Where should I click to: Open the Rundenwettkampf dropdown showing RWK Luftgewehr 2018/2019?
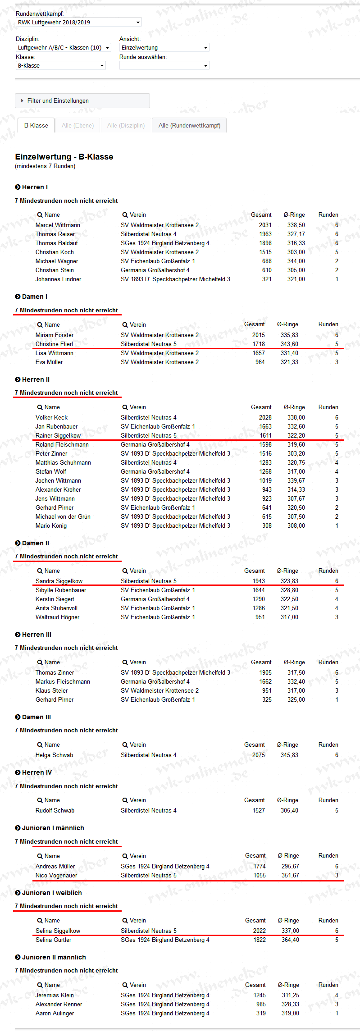tap(79, 22)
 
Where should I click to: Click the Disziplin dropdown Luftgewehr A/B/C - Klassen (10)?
tap(63, 47)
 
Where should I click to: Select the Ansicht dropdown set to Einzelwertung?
tap(164, 47)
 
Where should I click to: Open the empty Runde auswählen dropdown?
tap(164, 65)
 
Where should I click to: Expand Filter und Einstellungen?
tap(58, 100)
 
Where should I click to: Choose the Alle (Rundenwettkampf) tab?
tap(189, 125)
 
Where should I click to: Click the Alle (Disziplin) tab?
tap(126, 125)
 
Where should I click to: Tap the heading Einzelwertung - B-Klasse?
tap(64, 157)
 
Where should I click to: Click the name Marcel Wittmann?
tap(58, 225)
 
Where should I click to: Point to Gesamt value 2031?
tap(265, 225)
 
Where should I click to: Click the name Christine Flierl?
tap(54, 344)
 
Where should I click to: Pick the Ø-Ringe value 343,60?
tap(289, 344)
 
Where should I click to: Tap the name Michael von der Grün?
tap(63, 516)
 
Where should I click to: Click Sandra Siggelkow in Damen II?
tap(59, 581)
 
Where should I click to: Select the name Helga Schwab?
tap(54, 755)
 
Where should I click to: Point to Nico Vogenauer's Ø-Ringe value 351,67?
tap(290, 875)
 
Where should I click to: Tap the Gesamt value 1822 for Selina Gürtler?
tap(260, 940)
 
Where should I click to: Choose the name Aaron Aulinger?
tap(55, 1013)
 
